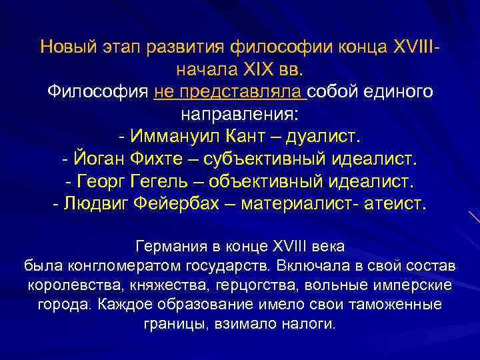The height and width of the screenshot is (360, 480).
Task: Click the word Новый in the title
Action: [67, 47]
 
